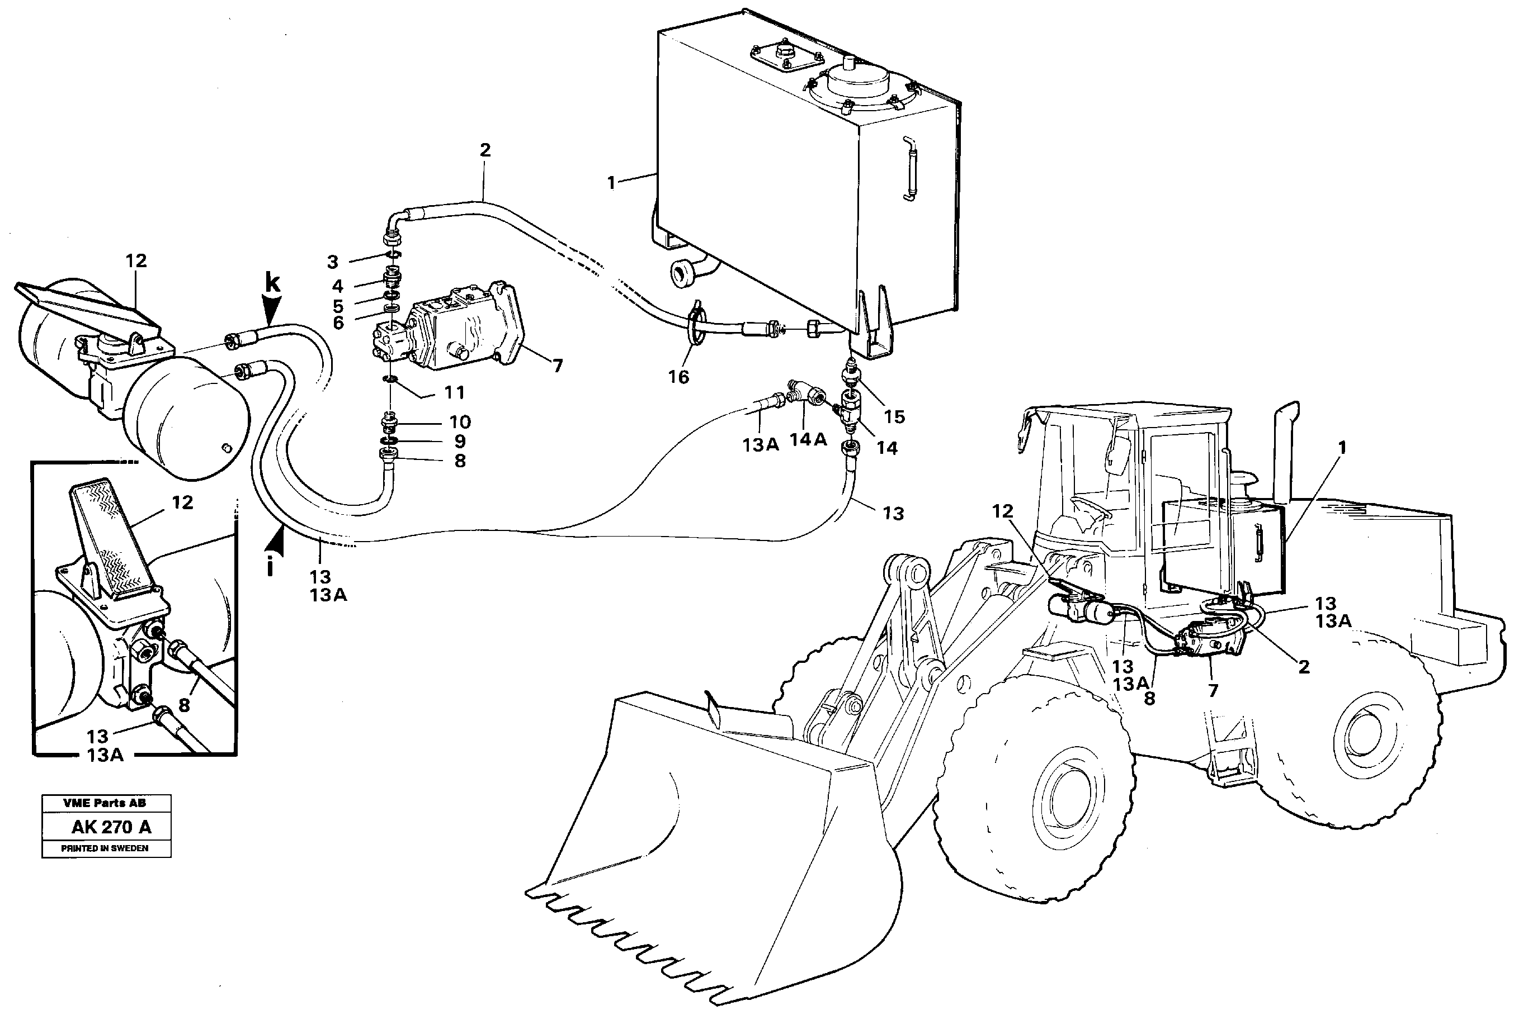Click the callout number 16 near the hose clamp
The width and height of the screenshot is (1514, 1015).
click(x=678, y=377)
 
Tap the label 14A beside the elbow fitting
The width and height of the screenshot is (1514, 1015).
click(x=808, y=439)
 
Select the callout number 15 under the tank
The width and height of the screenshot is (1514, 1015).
click(x=894, y=417)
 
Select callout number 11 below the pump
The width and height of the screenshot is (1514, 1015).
click(x=454, y=392)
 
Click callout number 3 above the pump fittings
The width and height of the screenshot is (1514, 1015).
click(x=332, y=262)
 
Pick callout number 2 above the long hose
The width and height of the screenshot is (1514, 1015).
click(x=485, y=150)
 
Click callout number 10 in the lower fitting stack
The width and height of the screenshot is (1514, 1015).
click(x=460, y=422)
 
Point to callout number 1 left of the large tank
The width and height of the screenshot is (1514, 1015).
click(x=611, y=183)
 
